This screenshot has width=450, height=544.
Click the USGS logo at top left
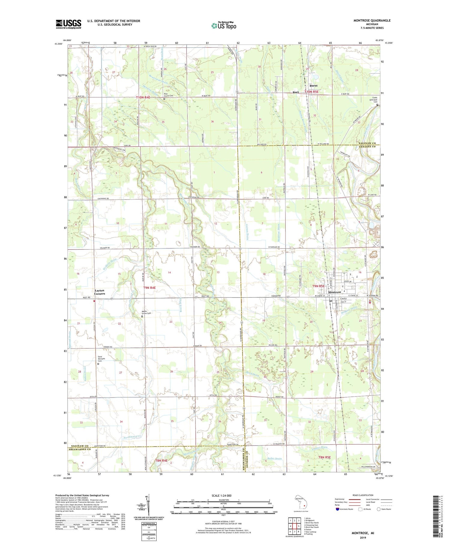[x=68, y=24]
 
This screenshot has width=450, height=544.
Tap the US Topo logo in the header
[x=223, y=26]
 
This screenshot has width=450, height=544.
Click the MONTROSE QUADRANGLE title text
[x=372, y=20]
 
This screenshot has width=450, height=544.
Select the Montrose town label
[x=334, y=292]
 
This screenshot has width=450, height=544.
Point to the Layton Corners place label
[x=100, y=292]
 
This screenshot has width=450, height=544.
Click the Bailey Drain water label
[x=274, y=458]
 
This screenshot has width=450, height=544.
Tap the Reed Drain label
[x=253, y=375]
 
